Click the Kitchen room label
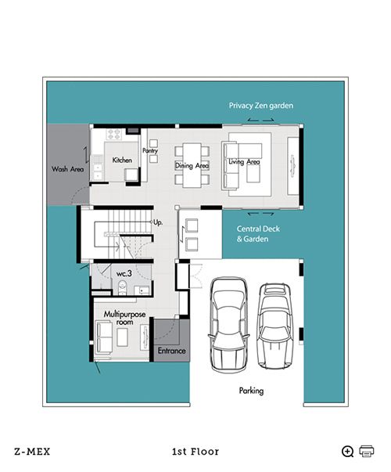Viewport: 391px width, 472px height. point(122,160)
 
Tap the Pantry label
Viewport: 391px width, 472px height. point(150,150)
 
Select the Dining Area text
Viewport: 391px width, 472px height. point(192,165)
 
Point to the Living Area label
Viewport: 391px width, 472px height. point(244,162)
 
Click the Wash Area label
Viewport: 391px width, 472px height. point(68,169)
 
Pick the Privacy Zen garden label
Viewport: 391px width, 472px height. point(261,106)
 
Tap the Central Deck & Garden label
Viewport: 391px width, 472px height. point(258,234)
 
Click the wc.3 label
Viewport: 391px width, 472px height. point(124,274)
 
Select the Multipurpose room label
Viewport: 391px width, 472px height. point(124,318)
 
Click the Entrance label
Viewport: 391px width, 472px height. point(172,351)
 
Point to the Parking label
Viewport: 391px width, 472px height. point(251,391)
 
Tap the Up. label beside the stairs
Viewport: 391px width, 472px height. point(158,222)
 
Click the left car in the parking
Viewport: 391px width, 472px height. point(229,324)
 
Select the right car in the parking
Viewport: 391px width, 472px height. point(275,326)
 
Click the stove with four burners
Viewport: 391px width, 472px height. point(114,135)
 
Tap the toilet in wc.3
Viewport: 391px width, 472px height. point(123,287)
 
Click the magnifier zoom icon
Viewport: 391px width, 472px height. point(348,451)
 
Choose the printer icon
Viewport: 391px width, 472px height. point(366,451)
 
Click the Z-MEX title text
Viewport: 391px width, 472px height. point(32,452)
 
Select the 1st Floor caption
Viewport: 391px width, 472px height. point(195,452)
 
